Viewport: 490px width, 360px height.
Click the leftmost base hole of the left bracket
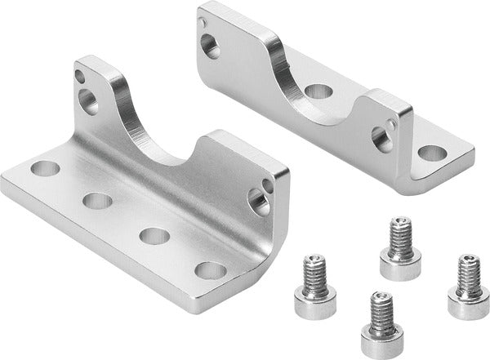coord(46,170)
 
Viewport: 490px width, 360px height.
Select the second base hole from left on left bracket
coord(97,201)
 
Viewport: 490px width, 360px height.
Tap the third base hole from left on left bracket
coord(154,236)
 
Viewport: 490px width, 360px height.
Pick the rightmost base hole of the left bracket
coord(211,270)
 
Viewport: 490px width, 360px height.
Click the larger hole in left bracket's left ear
coord(88,100)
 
